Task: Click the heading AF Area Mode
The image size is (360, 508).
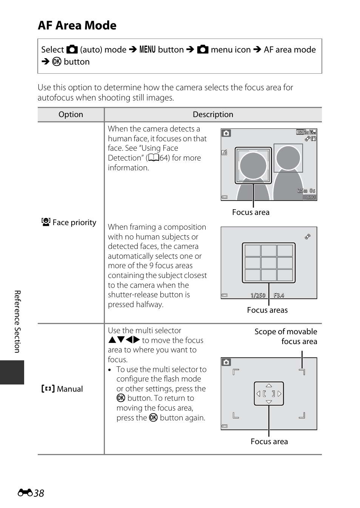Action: click(77, 25)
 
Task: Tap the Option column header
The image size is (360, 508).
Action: click(71, 114)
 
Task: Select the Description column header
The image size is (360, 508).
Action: click(213, 114)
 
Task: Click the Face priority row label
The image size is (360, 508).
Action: click(69, 222)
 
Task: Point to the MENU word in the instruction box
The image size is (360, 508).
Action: click(147, 49)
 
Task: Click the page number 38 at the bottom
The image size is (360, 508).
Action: click(38, 493)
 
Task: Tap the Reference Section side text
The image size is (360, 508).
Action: click(17, 321)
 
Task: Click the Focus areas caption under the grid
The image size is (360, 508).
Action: click(267, 310)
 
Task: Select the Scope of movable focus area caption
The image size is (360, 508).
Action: click(286, 336)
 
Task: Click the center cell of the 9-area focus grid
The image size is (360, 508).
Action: click(269, 263)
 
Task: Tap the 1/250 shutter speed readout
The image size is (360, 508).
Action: click(258, 295)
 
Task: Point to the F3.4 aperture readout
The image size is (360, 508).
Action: click(279, 295)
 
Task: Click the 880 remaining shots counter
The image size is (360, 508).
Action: click(311, 197)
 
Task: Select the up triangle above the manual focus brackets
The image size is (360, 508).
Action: click(269, 386)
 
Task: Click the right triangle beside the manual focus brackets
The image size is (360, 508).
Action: click(280, 394)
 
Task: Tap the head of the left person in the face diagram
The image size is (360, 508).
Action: click(253, 165)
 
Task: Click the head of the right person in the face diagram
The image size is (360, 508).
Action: click(288, 157)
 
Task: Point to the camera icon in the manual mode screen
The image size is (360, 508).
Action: click(226, 362)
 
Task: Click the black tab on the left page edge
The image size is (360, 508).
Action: click(12, 372)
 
